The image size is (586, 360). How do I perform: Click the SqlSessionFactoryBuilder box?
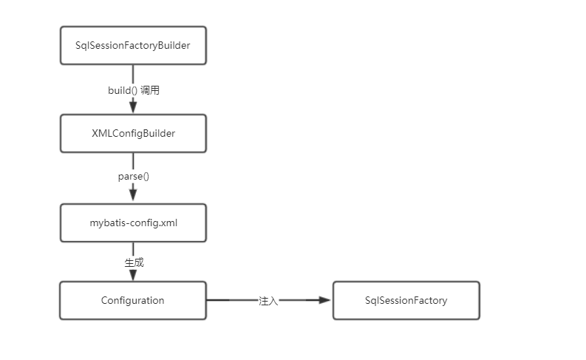click(x=133, y=46)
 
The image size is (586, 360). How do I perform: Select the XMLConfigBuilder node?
click(x=133, y=134)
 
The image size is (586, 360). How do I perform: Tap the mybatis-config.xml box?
click(x=133, y=222)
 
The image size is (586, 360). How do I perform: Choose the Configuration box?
click(x=133, y=300)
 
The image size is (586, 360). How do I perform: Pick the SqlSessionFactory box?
click(x=406, y=300)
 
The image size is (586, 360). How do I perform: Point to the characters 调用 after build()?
click(x=150, y=90)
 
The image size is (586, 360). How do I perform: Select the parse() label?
click(x=134, y=177)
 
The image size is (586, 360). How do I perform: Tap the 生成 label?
click(x=134, y=262)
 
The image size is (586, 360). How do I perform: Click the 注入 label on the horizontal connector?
click(x=268, y=301)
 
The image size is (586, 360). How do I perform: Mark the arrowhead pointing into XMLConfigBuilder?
click(x=133, y=108)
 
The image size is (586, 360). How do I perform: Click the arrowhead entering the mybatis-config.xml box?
click(x=133, y=195)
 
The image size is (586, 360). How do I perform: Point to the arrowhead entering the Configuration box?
click(x=133, y=274)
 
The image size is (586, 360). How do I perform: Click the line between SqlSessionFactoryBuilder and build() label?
click(x=133, y=74)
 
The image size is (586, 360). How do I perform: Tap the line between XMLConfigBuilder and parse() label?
click(x=133, y=161)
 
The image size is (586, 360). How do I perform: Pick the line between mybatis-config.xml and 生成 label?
click(x=133, y=249)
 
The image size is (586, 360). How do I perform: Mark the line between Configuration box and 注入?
click(x=231, y=300)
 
